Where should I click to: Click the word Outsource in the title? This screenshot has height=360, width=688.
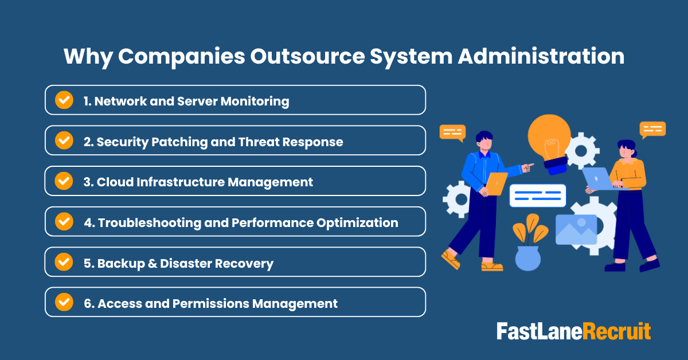[x=313, y=57]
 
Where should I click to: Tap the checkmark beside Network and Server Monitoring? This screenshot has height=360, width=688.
[x=64, y=100]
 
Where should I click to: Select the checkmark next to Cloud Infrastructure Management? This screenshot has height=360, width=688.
[x=64, y=181]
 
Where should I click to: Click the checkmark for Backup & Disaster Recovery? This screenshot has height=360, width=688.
[x=64, y=262]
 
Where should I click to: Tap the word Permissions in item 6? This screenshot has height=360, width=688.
[x=209, y=303]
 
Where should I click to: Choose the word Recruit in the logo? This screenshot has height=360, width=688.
[x=617, y=331]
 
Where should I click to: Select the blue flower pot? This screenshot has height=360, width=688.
[x=527, y=257]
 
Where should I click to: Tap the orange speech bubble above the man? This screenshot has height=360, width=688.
[x=452, y=132]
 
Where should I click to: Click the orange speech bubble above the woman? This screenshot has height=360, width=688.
[x=652, y=129]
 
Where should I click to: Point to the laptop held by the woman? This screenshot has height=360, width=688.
[x=596, y=178]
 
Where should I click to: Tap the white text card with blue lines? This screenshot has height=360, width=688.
[x=537, y=195]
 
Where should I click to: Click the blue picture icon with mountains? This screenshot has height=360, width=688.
[x=576, y=229]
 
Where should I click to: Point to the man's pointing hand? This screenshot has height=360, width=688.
[x=528, y=166]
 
